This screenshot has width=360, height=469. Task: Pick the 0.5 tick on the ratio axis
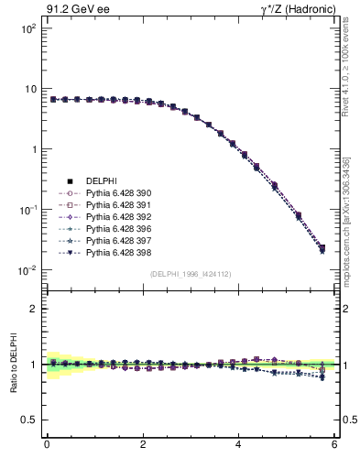tap(27, 420)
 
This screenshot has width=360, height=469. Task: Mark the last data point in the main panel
tap(322, 248)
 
